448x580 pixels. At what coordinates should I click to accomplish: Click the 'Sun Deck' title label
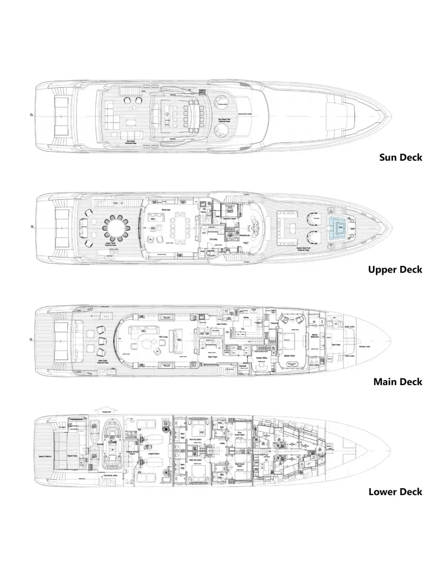pyautogui.click(x=400, y=157)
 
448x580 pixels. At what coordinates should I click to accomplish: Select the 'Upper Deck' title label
pyautogui.click(x=395, y=269)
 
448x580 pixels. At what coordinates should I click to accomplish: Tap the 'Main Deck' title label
pyautogui.click(x=398, y=382)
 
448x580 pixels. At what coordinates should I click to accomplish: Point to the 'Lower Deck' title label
pyautogui.click(x=395, y=492)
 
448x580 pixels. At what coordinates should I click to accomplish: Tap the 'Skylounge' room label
pyautogui.click(x=166, y=209)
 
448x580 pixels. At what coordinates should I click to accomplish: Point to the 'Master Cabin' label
pyautogui.click(x=292, y=356)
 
